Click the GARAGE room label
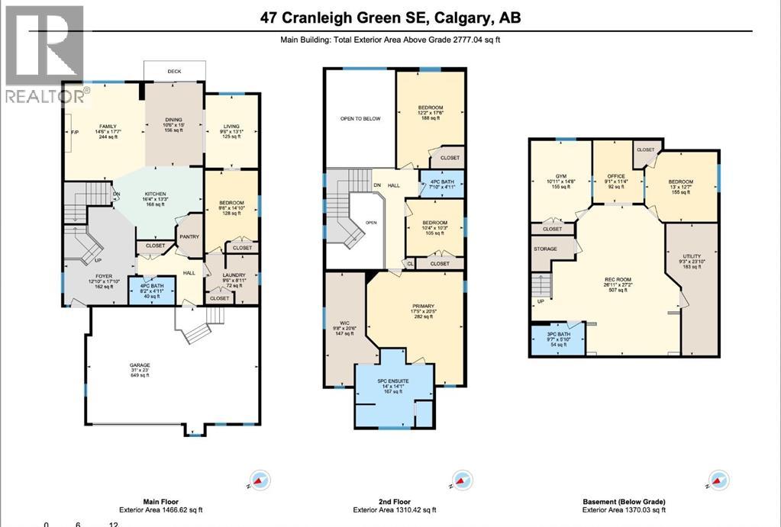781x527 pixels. pos(139,365)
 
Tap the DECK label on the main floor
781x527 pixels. pos(174,72)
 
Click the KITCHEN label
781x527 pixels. pos(155,194)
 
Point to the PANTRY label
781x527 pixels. pos(189,236)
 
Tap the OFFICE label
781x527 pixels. pos(616,176)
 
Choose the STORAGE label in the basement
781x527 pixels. pos(545,249)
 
